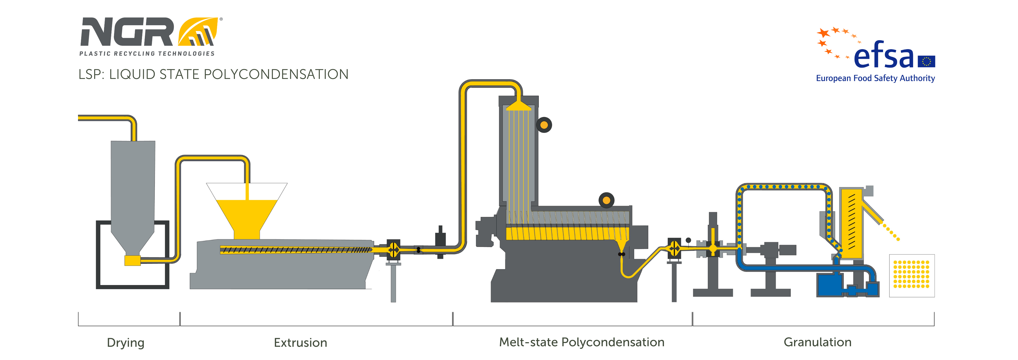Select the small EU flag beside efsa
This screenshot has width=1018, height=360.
click(x=926, y=61)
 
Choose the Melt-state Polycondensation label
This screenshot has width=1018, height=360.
click(x=582, y=342)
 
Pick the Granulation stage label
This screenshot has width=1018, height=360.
click(x=817, y=342)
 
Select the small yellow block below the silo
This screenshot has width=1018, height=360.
click(x=132, y=260)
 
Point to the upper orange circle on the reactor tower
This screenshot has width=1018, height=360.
click(x=544, y=125)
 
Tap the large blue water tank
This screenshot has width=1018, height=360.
click(x=829, y=285)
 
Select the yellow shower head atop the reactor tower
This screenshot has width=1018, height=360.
click(x=518, y=105)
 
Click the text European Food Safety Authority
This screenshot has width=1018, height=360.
click(x=875, y=78)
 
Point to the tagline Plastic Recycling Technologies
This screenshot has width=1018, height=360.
click(x=147, y=54)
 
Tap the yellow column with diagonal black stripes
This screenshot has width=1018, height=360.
click(x=852, y=223)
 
